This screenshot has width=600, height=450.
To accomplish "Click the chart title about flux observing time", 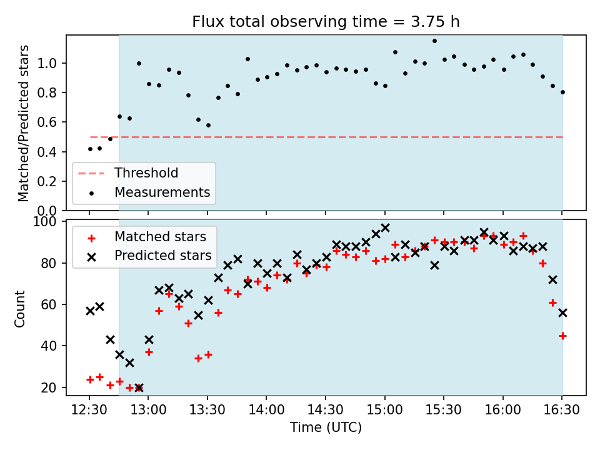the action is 326,22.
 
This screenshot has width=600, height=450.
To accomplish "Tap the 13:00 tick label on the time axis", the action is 148,410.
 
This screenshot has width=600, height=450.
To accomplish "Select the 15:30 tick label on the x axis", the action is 444,410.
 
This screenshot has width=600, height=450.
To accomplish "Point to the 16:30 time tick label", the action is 562,410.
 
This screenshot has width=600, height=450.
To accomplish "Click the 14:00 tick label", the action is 266,410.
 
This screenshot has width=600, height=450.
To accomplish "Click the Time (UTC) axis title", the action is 326,427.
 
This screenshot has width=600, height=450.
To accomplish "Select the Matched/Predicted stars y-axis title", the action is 23,123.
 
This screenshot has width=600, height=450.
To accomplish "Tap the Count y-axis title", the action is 19,309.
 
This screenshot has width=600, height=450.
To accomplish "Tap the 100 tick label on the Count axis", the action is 44,222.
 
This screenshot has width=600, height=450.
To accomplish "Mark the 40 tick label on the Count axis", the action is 49,346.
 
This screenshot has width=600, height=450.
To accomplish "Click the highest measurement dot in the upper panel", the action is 435,41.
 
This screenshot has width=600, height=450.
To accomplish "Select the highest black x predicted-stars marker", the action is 386,228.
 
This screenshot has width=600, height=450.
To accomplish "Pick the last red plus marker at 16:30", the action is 562,336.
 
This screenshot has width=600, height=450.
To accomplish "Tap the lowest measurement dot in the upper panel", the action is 90,149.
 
